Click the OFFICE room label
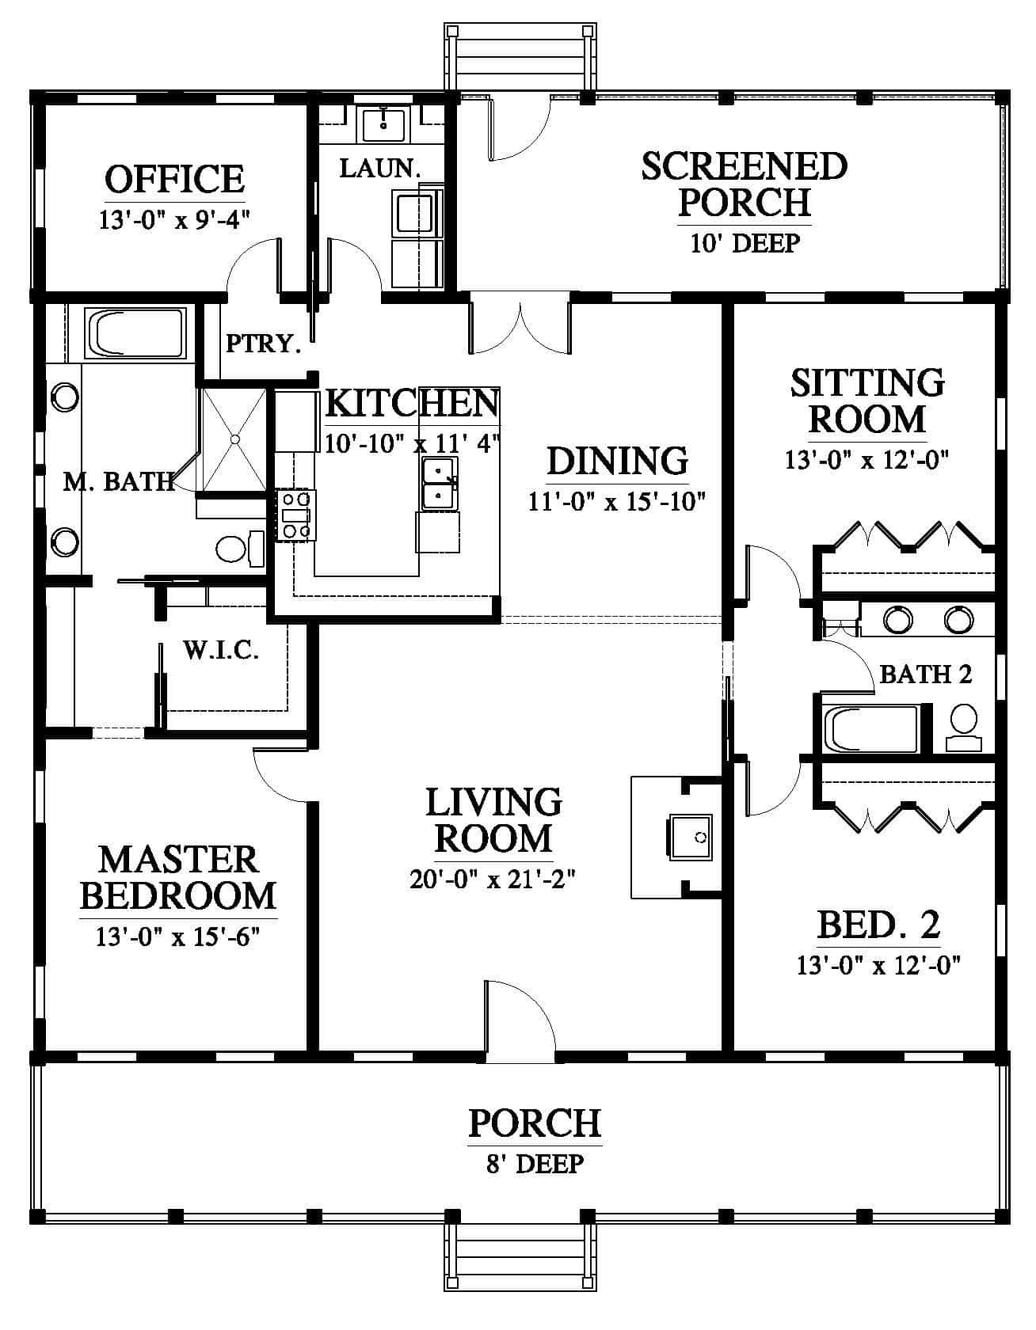tap(175, 179)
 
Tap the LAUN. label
tap(379, 168)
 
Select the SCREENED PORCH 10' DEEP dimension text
tap(745, 242)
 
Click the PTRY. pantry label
tap(264, 344)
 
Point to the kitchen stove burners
tap(295, 515)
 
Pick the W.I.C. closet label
tap(221, 651)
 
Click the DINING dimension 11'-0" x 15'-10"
tap(617, 502)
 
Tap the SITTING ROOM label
tap(867, 401)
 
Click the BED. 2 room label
tap(878, 924)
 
